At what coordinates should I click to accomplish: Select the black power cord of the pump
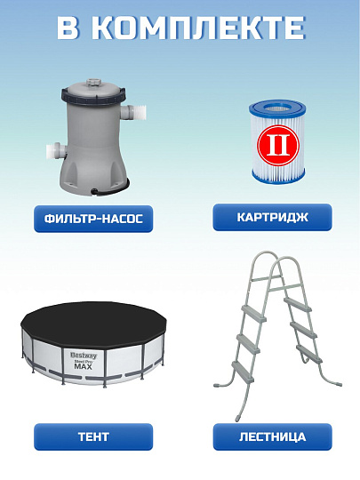[x=111, y=187]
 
